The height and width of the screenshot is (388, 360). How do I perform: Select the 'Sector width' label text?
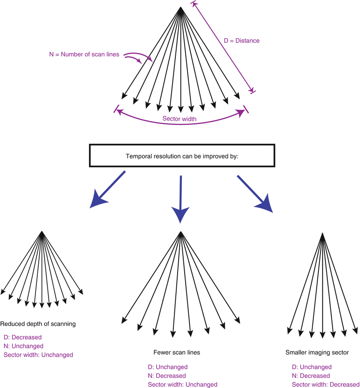point(179,119)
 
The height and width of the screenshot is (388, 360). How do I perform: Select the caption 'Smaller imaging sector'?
point(317,353)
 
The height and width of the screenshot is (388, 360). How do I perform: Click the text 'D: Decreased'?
point(23,337)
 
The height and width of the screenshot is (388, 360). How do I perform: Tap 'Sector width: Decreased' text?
point(325,385)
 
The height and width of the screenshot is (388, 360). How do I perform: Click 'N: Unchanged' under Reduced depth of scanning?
point(23,346)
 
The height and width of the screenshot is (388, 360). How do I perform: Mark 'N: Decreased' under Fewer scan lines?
point(167,376)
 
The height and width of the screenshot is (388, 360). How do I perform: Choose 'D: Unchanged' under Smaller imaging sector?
point(312,367)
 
